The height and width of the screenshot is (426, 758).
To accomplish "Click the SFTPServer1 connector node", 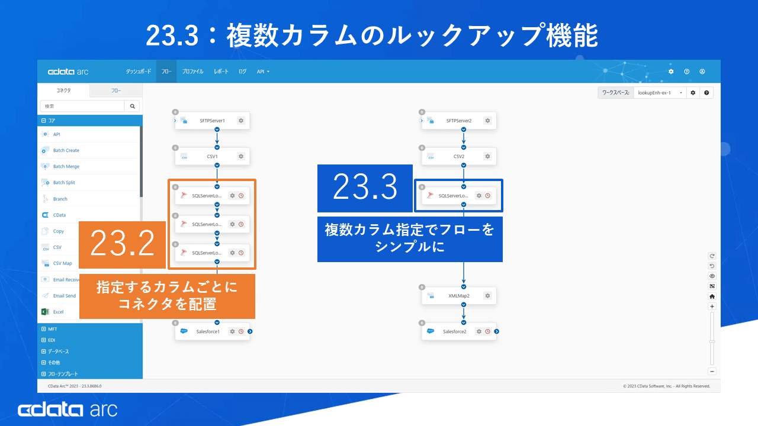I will [x=212, y=121].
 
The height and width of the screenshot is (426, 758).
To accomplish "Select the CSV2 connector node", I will [x=459, y=157].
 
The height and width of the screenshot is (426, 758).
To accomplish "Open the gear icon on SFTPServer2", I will [x=487, y=121].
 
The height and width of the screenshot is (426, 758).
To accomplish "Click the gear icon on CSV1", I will [x=241, y=157].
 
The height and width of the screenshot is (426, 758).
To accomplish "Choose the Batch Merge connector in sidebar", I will [x=66, y=167].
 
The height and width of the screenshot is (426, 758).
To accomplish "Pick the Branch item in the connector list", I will [x=60, y=199].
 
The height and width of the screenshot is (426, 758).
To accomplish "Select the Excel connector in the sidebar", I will [x=58, y=312].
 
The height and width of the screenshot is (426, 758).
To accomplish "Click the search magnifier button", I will [x=132, y=106].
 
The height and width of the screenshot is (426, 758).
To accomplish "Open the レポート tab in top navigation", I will [x=221, y=72].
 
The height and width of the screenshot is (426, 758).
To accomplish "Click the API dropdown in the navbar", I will [x=263, y=72].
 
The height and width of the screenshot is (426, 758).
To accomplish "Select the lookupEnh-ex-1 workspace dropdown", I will [x=660, y=93].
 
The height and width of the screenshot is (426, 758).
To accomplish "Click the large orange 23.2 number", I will [x=123, y=244].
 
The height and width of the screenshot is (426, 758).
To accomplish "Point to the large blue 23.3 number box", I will [x=365, y=188].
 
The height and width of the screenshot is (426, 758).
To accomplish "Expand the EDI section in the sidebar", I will [x=52, y=340].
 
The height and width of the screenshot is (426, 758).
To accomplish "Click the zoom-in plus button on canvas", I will [x=712, y=306].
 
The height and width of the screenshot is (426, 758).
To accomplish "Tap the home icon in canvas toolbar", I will [x=712, y=296].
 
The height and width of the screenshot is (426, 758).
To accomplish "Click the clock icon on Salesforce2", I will [x=487, y=331].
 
